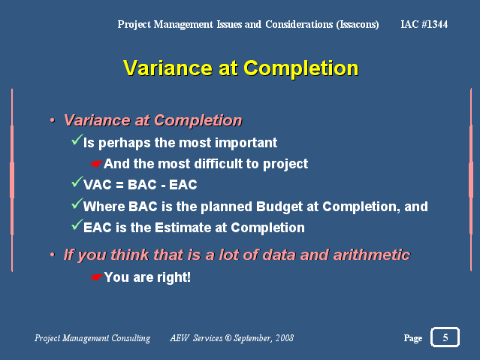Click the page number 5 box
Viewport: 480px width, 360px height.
[445, 337]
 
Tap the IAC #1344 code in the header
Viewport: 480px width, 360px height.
[424, 24]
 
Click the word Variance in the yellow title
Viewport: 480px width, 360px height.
[168, 68]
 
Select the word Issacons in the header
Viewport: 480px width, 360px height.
[358, 24]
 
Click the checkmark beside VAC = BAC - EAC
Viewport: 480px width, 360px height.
[77, 182]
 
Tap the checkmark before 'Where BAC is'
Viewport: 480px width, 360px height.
[77, 204]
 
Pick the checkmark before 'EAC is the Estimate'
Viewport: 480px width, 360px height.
[77, 225]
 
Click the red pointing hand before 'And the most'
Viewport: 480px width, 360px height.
[97, 165]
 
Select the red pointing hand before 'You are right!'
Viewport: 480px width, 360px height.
[97, 277]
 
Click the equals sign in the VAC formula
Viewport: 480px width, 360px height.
[119, 185]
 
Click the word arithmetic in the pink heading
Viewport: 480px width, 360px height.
[372, 255]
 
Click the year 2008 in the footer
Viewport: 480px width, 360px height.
[285, 338]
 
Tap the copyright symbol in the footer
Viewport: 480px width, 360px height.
[228, 338]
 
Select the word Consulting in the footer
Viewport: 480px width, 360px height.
[131, 338]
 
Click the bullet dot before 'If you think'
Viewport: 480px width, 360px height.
[53, 255]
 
